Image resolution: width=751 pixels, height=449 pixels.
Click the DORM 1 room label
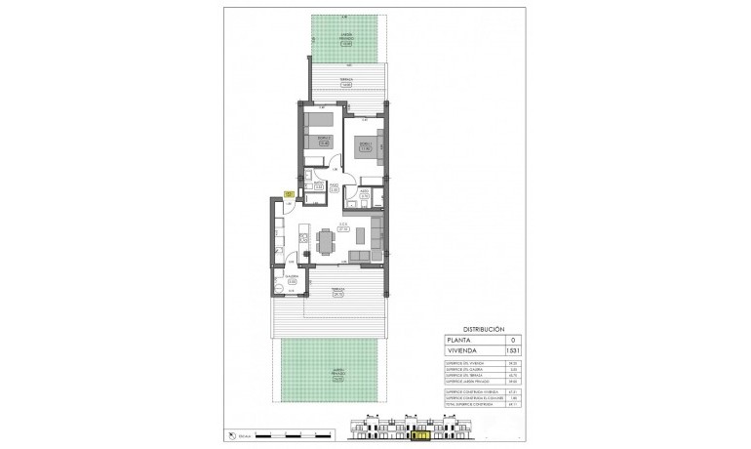[364, 146]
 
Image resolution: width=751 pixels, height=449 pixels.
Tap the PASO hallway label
[333, 185]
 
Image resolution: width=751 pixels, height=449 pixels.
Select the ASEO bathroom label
[364, 194]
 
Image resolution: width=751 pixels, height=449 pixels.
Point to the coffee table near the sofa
[359, 235]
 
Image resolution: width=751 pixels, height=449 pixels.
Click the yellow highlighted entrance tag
[289, 194]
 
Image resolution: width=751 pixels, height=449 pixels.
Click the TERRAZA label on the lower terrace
[337, 291]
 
